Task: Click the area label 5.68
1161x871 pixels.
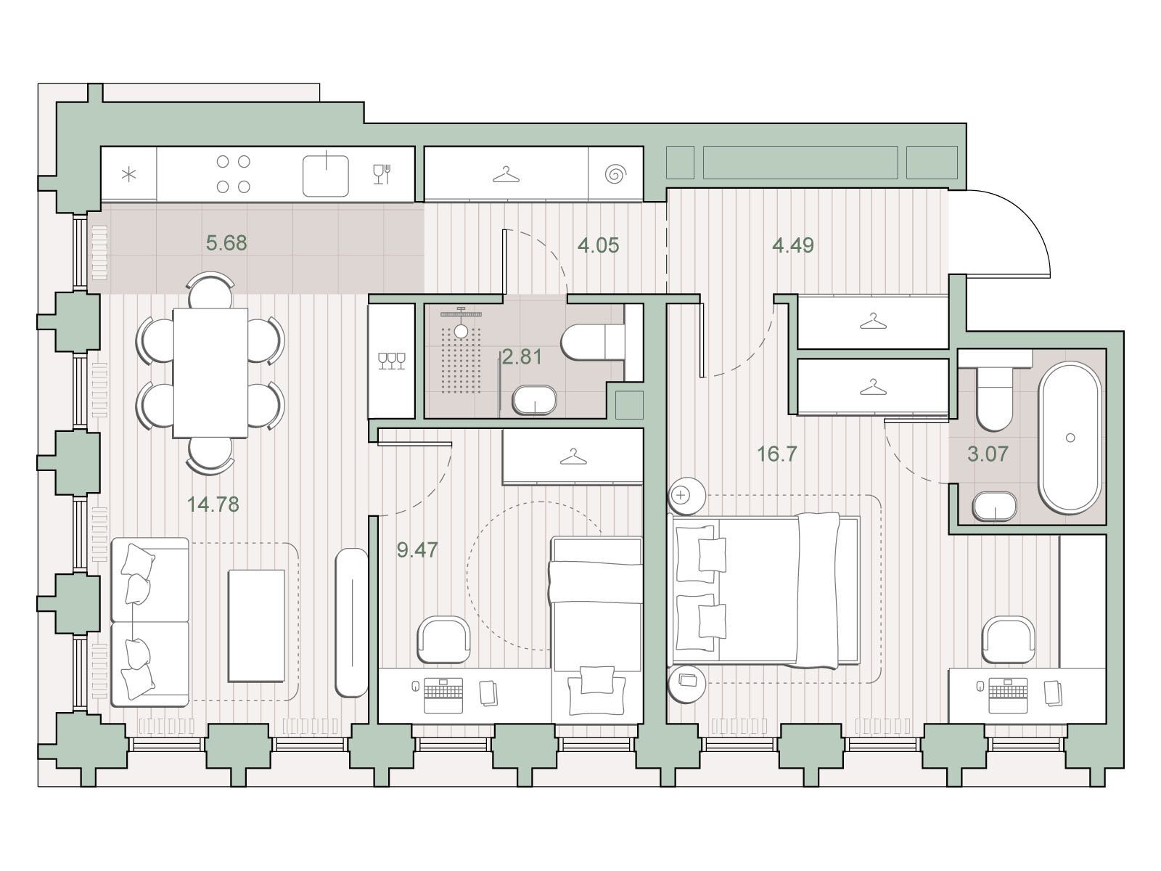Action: click(226, 243)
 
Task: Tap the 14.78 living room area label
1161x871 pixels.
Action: click(213, 504)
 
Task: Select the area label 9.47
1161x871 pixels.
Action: click(417, 550)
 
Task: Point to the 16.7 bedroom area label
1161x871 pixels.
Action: click(777, 454)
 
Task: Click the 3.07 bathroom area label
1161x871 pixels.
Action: click(988, 454)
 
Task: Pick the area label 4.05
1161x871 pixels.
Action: click(598, 245)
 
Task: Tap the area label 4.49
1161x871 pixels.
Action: click(793, 245)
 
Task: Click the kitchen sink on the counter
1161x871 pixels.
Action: click(326, 176)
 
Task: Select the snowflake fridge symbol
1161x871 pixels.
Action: click(129, 174)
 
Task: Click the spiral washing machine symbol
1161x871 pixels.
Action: click(615, 174)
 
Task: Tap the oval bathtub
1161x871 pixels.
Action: click(1070, 438)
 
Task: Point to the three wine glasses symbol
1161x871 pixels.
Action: click(392, 361)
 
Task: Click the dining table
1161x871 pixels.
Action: click(210, 373)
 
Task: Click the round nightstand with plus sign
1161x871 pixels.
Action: click(686, 496)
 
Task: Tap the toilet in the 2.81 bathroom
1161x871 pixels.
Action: click(593, 342)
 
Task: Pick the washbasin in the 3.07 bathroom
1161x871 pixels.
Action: click(995, 507)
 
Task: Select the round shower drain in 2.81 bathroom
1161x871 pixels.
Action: click(461, 331)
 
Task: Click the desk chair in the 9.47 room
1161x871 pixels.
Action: click(444, 639)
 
